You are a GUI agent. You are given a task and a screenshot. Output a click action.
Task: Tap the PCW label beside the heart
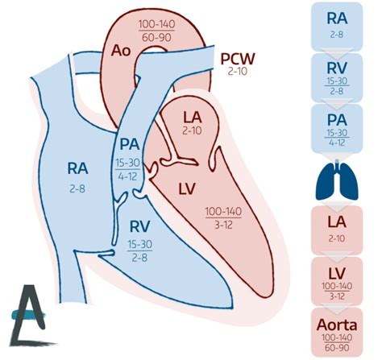238,58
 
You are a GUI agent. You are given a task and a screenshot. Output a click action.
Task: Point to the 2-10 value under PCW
239,72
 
